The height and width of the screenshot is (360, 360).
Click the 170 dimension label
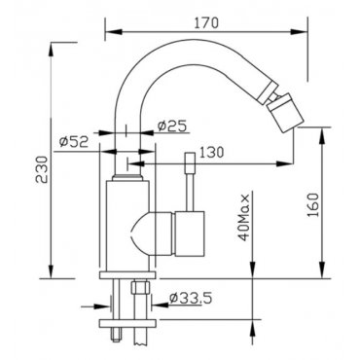tap(206, 23)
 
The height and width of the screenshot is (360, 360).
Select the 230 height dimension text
tap(42, 169)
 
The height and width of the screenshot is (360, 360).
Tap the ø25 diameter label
tap(172, 126)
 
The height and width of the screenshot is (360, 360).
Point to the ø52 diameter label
tap(74, 141)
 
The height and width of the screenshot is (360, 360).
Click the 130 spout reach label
tap(211, 152)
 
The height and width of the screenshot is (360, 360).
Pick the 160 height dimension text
tap(313, 205)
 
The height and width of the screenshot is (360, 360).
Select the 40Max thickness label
tap(244, 218)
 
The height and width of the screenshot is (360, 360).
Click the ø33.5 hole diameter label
tap(191, 298)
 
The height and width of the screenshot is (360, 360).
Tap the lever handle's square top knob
tap(190, 162)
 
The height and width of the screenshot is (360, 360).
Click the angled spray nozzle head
tap(281, 112)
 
